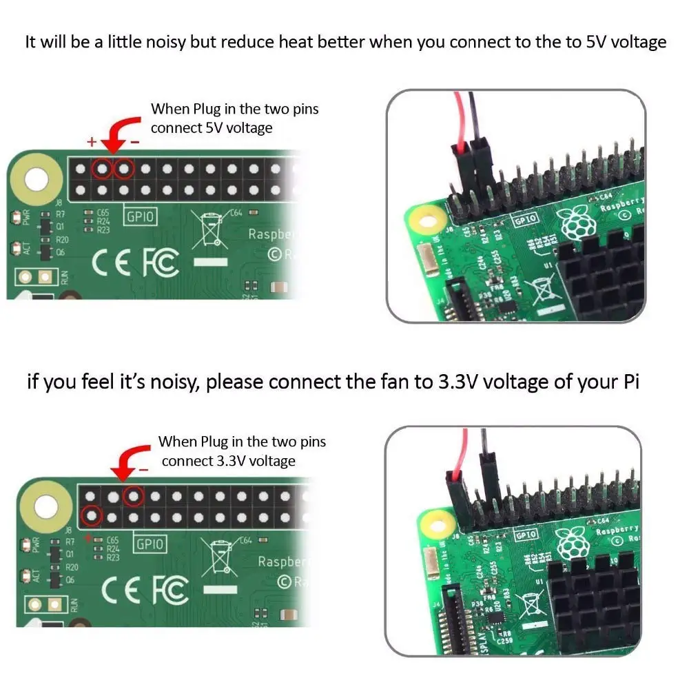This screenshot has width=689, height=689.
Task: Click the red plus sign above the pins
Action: [x=91, y=142]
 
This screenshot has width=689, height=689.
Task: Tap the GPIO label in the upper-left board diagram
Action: [x=139, y=217]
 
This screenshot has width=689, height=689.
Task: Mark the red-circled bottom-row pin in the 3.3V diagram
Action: [x=91, y=515]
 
